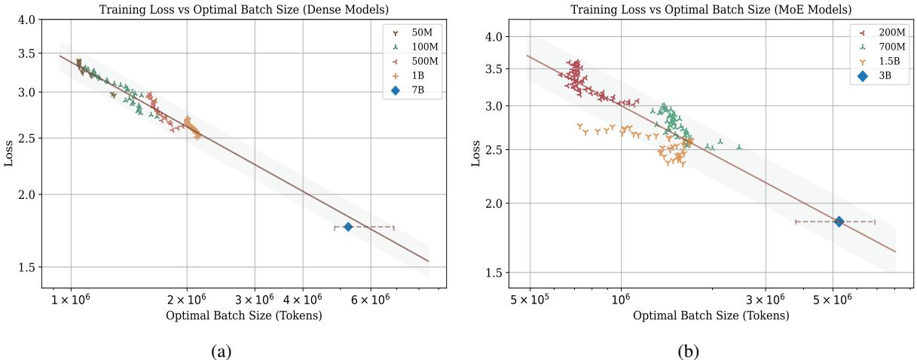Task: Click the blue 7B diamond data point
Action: point(348,227)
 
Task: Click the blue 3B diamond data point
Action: point(839,221)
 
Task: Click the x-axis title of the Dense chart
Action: point(243,316)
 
